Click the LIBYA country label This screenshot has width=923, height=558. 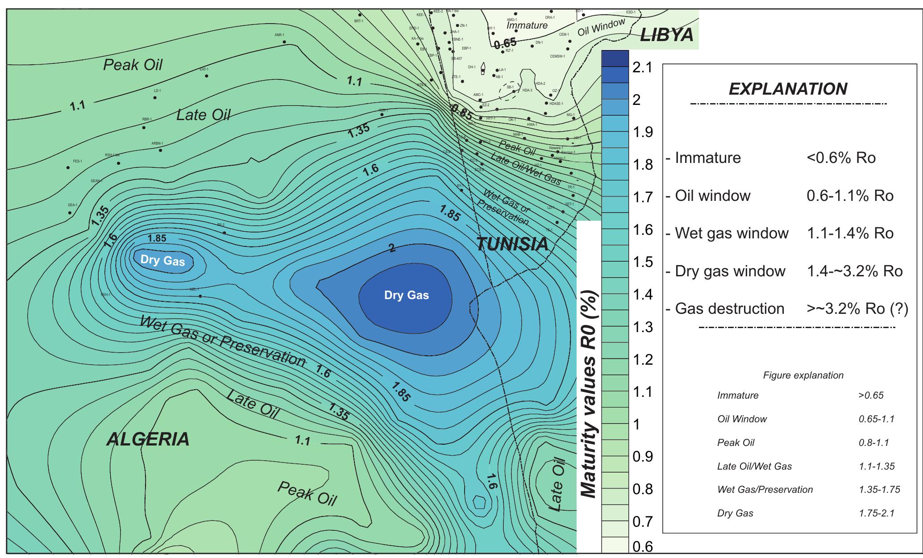pos(666,35)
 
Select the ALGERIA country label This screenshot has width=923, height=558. pos(148,439)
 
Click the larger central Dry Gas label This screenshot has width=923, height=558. pos(406,295)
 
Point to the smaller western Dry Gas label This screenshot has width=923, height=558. pos(162,260)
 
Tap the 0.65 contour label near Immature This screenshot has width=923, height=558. pos(505,43)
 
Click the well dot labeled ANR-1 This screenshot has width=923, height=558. pos(284,42)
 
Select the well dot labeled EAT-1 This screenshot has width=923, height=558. pos(207,76)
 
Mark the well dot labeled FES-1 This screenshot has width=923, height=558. pos(68,168)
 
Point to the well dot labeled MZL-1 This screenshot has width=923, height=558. pos(200,296)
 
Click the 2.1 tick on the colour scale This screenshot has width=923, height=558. pos(643,68)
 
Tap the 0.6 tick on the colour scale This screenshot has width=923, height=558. pos(643,546)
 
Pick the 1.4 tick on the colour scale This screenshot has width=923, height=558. pos(643,295)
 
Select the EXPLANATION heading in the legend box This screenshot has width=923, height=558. pos(788,89)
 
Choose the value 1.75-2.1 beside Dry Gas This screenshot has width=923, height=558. pos(876,513)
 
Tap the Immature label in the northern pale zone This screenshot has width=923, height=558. pos(527,25)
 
